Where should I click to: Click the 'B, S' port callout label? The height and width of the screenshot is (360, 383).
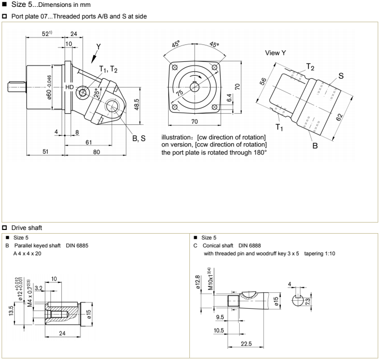pos(140,139)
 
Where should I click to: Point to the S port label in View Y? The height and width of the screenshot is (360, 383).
pos(341,76)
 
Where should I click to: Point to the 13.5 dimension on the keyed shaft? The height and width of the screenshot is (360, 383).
pos(12,309)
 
